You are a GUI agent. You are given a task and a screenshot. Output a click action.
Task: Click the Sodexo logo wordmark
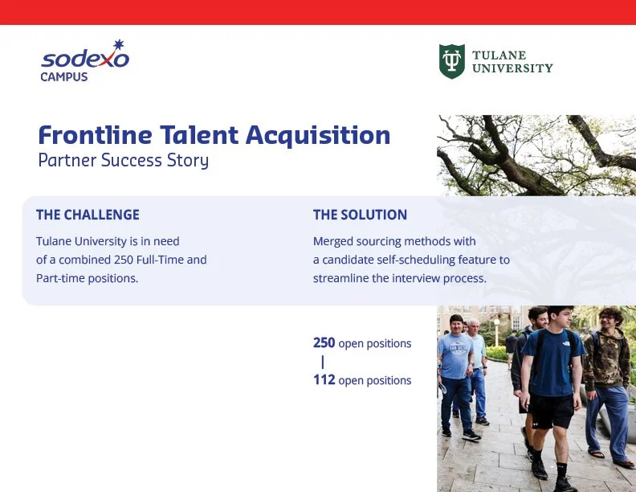point(85,59)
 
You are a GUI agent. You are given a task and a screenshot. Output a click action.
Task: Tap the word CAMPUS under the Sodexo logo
point(64,76)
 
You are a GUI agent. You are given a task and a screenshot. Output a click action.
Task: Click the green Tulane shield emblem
point(452,61)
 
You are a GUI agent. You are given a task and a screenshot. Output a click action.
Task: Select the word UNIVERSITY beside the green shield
point(512,68)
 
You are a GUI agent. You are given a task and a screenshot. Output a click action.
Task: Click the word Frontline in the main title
point(95,135)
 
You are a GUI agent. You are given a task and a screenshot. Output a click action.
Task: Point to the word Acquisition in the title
point(318,136)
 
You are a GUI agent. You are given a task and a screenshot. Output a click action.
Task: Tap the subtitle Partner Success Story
point(124,160)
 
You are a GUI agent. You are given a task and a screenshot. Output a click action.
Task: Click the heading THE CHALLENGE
point(88,215)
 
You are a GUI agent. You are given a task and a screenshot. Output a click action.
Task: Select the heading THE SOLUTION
point(361,215)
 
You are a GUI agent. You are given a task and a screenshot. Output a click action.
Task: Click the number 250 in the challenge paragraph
point(124,260)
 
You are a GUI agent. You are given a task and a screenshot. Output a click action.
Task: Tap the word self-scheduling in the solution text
point(416,260)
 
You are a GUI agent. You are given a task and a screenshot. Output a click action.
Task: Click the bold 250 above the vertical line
point(324,343)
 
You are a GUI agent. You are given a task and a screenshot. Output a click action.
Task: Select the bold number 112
point(324,380)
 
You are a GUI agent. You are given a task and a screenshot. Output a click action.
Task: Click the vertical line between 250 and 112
point(323,362)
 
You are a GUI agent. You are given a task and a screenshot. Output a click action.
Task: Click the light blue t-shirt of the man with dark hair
point(455,356)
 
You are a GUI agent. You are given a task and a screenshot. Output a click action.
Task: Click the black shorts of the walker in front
point(551,411)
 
